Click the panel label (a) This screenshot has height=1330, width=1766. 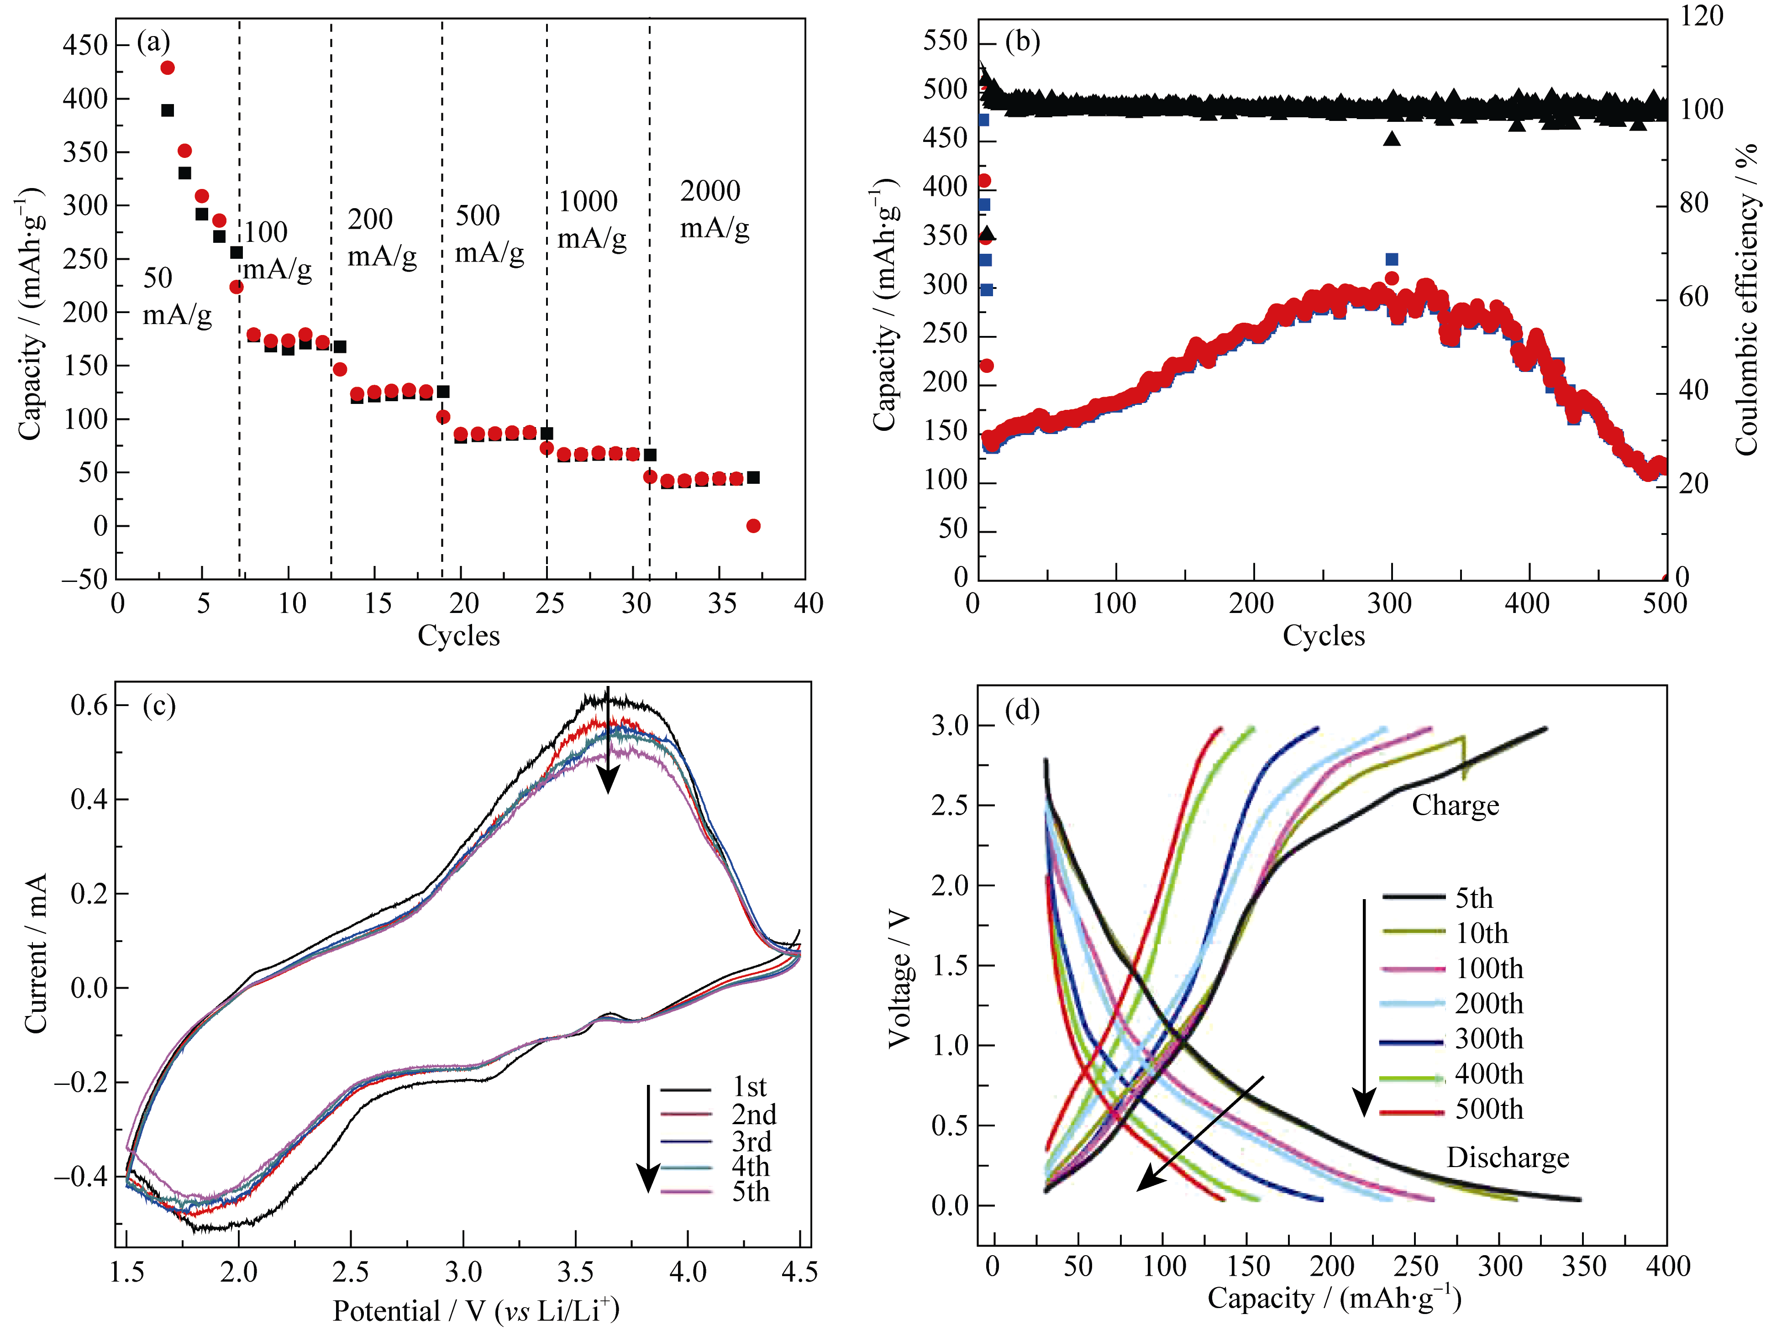click(x=153, y=42)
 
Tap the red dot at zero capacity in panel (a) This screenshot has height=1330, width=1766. click(x=753, y=525)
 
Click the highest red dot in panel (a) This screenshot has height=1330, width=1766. click(x=168, y=68)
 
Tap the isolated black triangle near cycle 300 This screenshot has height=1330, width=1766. click(x=1392, y=139)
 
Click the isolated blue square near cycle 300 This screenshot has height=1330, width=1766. click(x=1392, y=259)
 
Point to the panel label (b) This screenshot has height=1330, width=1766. click(x=1023, y=42)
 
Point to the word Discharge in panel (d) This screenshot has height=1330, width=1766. click(x=1507, y=1157)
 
